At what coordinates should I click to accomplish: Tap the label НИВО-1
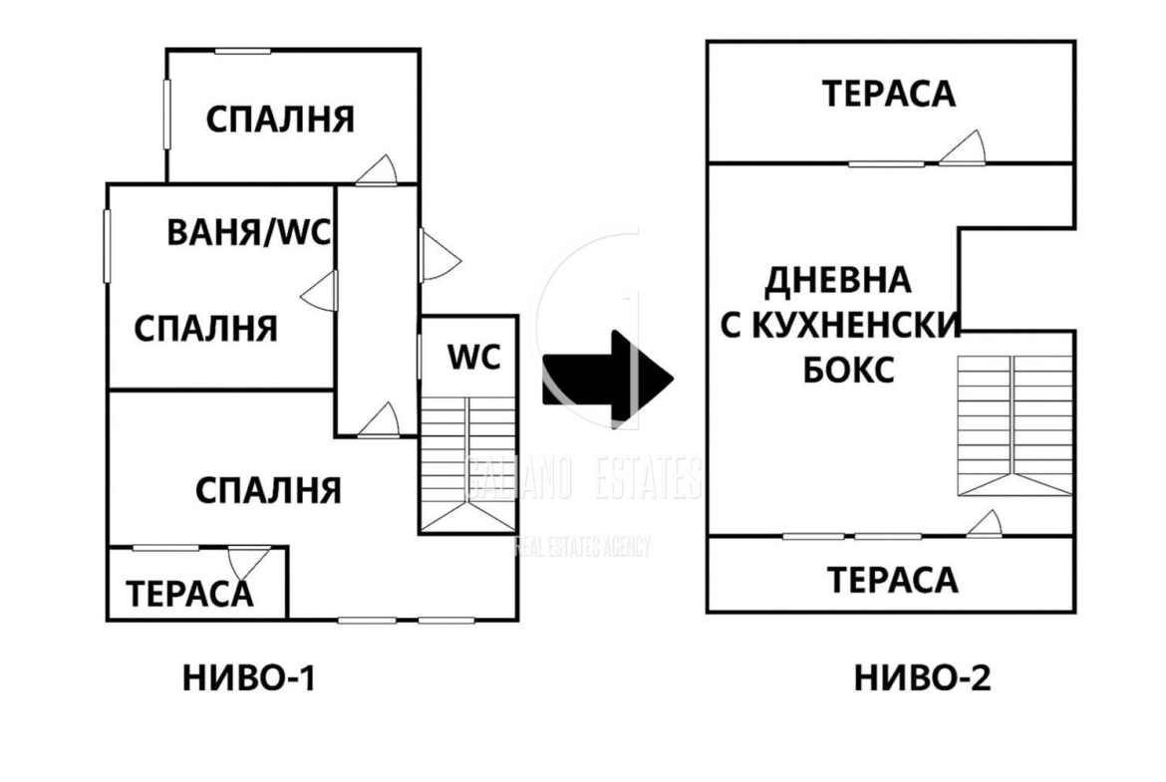[x=249, y=679]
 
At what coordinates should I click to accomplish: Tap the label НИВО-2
[x=922, y=679]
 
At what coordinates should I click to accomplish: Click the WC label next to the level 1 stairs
[x=473, y=357]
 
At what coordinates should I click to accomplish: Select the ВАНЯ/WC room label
[x=249, y=234]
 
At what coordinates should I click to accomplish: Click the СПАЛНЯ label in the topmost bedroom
[x=280, y=120]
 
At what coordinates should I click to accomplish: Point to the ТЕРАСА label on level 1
[x=189, y=594]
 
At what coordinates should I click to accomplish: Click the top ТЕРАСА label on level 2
[x=889, y=94]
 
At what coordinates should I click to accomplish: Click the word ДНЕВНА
[x=837, y=280]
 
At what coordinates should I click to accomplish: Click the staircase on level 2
[x=1014, y=426]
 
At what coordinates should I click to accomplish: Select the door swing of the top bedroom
[x=379, y=170]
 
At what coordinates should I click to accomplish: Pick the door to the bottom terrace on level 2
[x=985, y=524]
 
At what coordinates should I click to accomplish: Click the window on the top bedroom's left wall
[x=167, y=114]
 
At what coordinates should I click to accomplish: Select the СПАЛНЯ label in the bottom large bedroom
[x=268, y=490]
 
